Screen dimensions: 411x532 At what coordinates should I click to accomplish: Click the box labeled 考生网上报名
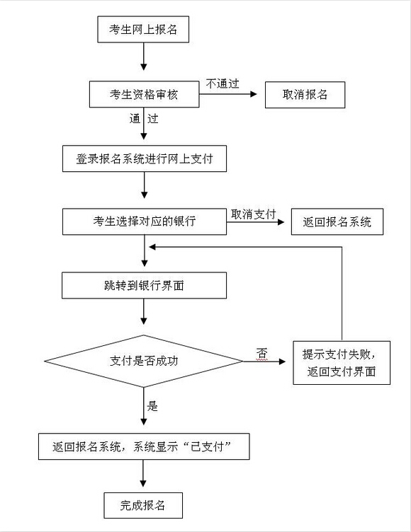coord(143,29)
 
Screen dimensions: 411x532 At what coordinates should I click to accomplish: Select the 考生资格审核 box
coord(144,94)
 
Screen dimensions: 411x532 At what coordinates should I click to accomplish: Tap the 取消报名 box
coord(305,95)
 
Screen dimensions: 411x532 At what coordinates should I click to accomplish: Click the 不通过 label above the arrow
coord(223,83)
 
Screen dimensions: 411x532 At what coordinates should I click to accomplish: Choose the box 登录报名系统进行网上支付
coord(145,158)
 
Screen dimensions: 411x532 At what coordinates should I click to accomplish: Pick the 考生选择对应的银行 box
coord(145,221)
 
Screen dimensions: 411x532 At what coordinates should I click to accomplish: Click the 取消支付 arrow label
coord(253,214)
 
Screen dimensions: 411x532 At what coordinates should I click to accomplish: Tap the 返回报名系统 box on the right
coord(337,222)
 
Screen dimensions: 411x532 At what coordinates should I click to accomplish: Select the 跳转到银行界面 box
coord(144,285)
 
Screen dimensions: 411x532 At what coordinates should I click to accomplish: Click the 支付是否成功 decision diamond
coord(144,361)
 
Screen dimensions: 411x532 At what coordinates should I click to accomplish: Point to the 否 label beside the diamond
coord(261,353)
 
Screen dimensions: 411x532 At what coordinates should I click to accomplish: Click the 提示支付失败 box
coord(342,363)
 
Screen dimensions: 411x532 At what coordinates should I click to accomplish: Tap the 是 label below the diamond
coord(152,406)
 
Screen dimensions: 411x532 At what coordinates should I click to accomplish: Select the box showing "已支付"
coord(144,446)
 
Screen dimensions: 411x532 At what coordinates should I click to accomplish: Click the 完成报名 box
coord(143,506)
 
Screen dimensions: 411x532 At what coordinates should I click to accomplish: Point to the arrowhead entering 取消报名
coord(253,94)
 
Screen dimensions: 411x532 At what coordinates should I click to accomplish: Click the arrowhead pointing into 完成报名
coord(143,483)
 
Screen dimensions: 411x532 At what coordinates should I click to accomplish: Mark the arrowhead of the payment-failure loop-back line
coord(152,247)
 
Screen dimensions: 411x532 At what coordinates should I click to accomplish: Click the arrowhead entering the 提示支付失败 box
coord(282,362)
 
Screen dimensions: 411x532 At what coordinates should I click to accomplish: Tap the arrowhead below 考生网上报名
coord(144,66)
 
